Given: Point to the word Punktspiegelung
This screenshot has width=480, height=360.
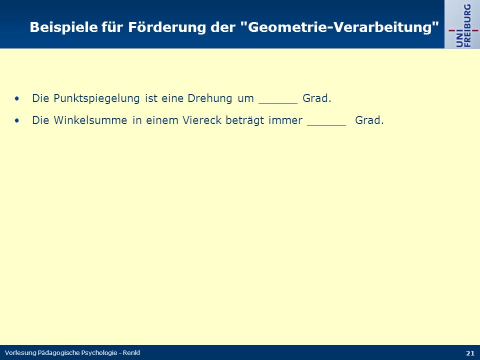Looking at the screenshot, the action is (96, 98).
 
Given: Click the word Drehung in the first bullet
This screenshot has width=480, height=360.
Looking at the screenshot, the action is (209, 98).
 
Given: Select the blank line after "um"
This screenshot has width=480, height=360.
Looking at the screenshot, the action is (278, 103).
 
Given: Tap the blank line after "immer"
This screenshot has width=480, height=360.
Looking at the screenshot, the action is (326, 125).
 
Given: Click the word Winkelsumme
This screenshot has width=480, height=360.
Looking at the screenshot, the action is (90, 120).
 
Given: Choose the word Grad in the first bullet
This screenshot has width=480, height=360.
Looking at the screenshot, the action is (314, 98).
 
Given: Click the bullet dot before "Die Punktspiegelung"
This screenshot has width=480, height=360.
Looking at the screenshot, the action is (16, 98).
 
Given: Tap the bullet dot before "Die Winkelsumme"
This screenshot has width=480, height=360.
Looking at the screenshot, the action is (16, 120).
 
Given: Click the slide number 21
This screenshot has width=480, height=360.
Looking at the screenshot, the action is (470, 353).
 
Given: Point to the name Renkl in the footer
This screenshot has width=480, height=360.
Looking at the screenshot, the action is (131, 352).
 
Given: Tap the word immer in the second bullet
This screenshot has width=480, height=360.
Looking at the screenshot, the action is (285, 120).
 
